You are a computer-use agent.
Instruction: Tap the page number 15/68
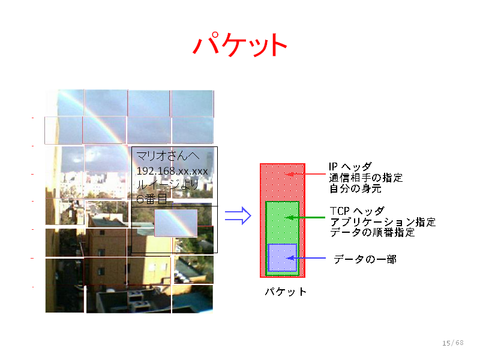(453, 343)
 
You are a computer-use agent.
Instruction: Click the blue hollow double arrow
(238, 215)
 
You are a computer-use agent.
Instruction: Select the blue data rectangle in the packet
(282, 257)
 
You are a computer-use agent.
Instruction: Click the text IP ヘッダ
(350, 167)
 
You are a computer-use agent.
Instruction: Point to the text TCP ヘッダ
(357, 211)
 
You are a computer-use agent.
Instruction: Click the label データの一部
(365, 259)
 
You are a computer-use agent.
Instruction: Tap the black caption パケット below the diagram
(286, 292)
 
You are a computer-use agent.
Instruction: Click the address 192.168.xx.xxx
(172, 171)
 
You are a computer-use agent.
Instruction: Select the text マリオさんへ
(168, 156)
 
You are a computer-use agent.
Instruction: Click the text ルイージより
(168, 185)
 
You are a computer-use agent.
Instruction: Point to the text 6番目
(152, 199)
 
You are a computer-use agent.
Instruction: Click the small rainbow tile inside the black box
(176, 223)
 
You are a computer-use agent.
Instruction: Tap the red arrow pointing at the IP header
(305, 174)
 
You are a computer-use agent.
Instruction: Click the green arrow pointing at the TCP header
(305, 217)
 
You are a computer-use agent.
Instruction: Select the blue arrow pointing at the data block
(306, 258)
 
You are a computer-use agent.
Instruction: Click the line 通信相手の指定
(366, 178)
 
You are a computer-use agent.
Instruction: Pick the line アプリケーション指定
(383, 222)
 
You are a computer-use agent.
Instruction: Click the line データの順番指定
(372, 232)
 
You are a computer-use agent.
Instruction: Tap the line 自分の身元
(355, 188)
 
